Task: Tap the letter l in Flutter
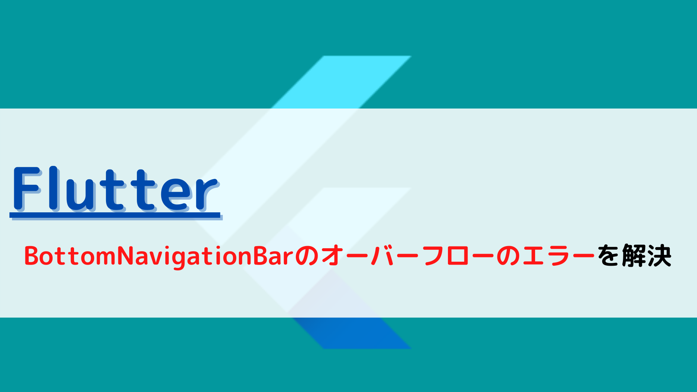click(54, 188)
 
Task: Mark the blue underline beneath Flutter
click(115, 215)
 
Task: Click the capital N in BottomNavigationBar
click(126, 256)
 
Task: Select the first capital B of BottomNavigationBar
click(32, 256)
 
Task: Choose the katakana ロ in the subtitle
click(458, 256)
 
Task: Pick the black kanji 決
click(659, 256)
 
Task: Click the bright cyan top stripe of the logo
click(341, 82)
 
